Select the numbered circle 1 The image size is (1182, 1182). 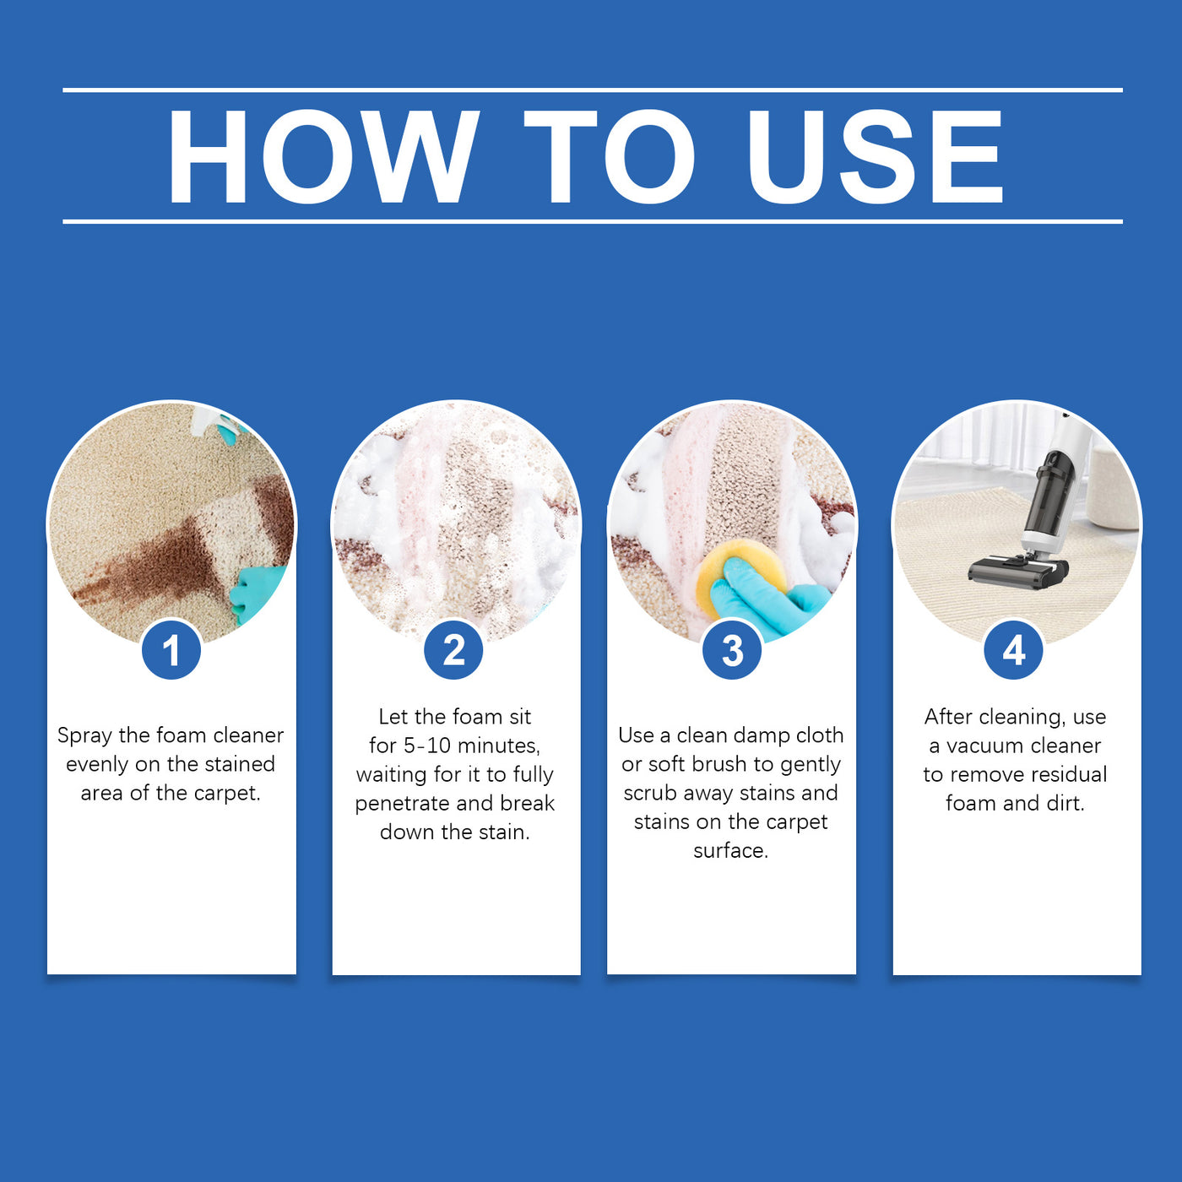click(x=171, y=650)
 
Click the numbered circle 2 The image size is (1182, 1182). click(x=454, y=650)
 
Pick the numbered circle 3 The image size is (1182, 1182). click(x=732, y=650)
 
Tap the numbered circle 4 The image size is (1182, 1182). click(x=1014, y=650)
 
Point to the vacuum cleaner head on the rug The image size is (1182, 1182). click(x=1017, y=572)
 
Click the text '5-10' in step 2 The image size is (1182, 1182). click(x=427, y=746)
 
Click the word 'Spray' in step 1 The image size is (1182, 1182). click(x=84, y=736)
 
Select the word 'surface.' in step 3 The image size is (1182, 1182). click(x=731, y=850)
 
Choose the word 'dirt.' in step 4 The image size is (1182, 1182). click(x=1065, y=803)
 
